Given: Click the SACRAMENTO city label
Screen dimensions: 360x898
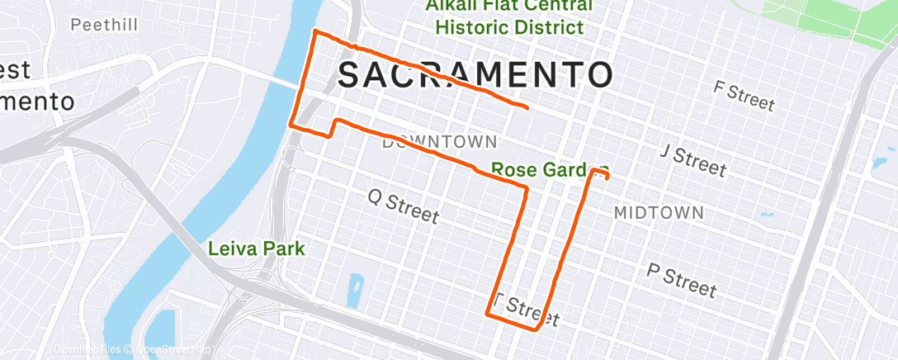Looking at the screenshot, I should pos(475,75).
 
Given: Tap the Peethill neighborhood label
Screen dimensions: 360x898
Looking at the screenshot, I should pos(103,26).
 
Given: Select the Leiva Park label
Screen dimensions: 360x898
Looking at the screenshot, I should pos(257,248).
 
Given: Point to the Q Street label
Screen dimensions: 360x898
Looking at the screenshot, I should pos(403,206).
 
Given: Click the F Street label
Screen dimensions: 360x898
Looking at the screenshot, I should pos(744,96).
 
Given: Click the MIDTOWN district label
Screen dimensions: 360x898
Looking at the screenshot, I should pos(659,213).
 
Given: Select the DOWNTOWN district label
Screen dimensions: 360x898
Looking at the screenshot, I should pos(439,142).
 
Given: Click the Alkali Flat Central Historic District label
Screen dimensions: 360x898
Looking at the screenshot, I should pos(509,17).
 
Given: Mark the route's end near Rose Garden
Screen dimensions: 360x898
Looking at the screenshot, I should pos(607,176).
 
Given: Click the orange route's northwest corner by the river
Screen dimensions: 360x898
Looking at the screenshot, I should pos(313,32).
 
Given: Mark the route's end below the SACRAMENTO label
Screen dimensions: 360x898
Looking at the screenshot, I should pos(527,107).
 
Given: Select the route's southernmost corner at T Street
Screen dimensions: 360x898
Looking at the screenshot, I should pos(536,329).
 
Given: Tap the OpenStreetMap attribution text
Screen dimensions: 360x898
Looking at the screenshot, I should pos(174,350).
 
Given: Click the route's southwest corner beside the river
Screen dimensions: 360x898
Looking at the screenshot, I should pos(290,125).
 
